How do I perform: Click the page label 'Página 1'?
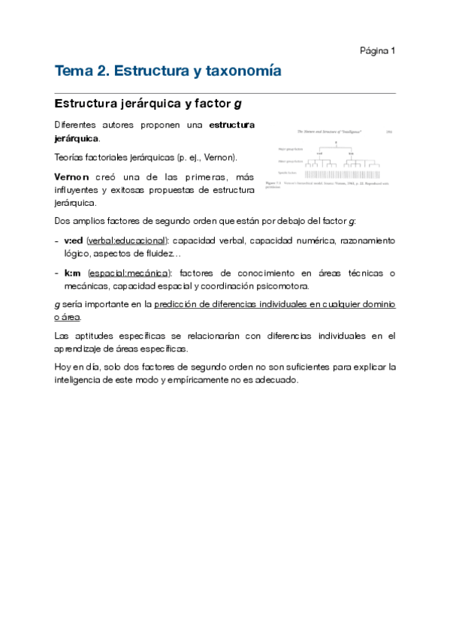click(377, 50)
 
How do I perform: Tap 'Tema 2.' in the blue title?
click(80, 71)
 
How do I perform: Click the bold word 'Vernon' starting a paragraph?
click(72, 176)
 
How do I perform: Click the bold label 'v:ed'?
click(74, 240)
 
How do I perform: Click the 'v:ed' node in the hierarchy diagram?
click(319, 152)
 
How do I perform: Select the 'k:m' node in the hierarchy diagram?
click(352, 152)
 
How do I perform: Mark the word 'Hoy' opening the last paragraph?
click(63, 367)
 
